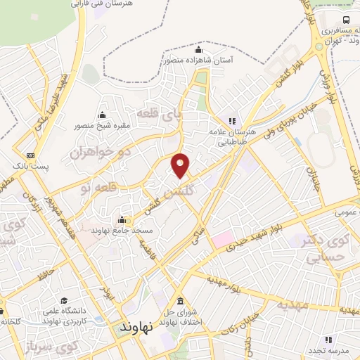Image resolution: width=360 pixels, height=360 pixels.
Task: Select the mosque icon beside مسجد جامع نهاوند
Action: coord(122,219)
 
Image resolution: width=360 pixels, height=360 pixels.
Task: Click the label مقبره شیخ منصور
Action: coord(103,127)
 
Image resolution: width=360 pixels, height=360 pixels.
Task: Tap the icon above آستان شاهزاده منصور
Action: coord(198,50)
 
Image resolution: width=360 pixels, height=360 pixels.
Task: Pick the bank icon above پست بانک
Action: coord(30,155)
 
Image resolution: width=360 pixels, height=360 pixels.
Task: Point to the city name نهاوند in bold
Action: coord(136,328)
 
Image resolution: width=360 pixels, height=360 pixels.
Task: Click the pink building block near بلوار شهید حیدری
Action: coord(224,239)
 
